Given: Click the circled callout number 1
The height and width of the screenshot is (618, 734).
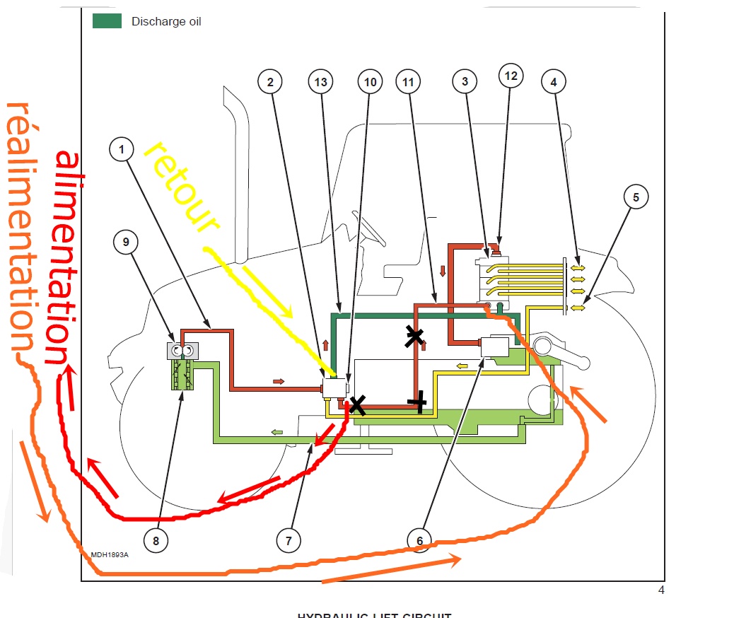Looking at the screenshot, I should coord(122,150).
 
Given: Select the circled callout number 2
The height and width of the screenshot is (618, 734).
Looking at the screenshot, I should coord(269,82).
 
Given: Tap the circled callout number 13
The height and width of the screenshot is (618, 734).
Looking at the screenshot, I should coord(320,82).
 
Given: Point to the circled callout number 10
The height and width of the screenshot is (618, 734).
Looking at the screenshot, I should coord(370,82).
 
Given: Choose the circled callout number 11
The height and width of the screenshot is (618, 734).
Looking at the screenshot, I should coord(408,82).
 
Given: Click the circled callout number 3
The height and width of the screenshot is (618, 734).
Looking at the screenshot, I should coord(465,82).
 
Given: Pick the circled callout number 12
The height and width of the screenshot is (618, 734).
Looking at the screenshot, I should coord(511,76).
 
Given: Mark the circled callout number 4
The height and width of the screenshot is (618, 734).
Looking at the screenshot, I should coord(554,82).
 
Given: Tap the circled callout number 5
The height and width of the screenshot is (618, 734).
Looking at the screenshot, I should coord(636,197).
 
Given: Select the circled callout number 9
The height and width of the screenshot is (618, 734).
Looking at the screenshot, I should coord(126,242).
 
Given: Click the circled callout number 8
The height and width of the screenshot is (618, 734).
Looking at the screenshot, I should coord(156,541).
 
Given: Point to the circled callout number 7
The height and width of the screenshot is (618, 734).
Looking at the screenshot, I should coord(289,541).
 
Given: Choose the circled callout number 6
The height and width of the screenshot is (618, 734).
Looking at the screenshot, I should coord(419,541).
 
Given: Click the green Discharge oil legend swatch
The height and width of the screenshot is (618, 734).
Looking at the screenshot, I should coord(107,21).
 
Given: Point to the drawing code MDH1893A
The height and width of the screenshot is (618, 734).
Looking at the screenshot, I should coord(110,554).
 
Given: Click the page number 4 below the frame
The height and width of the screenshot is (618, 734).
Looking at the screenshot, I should coord(660,590).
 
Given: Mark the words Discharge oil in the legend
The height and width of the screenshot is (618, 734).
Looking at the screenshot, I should coord(166,22).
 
